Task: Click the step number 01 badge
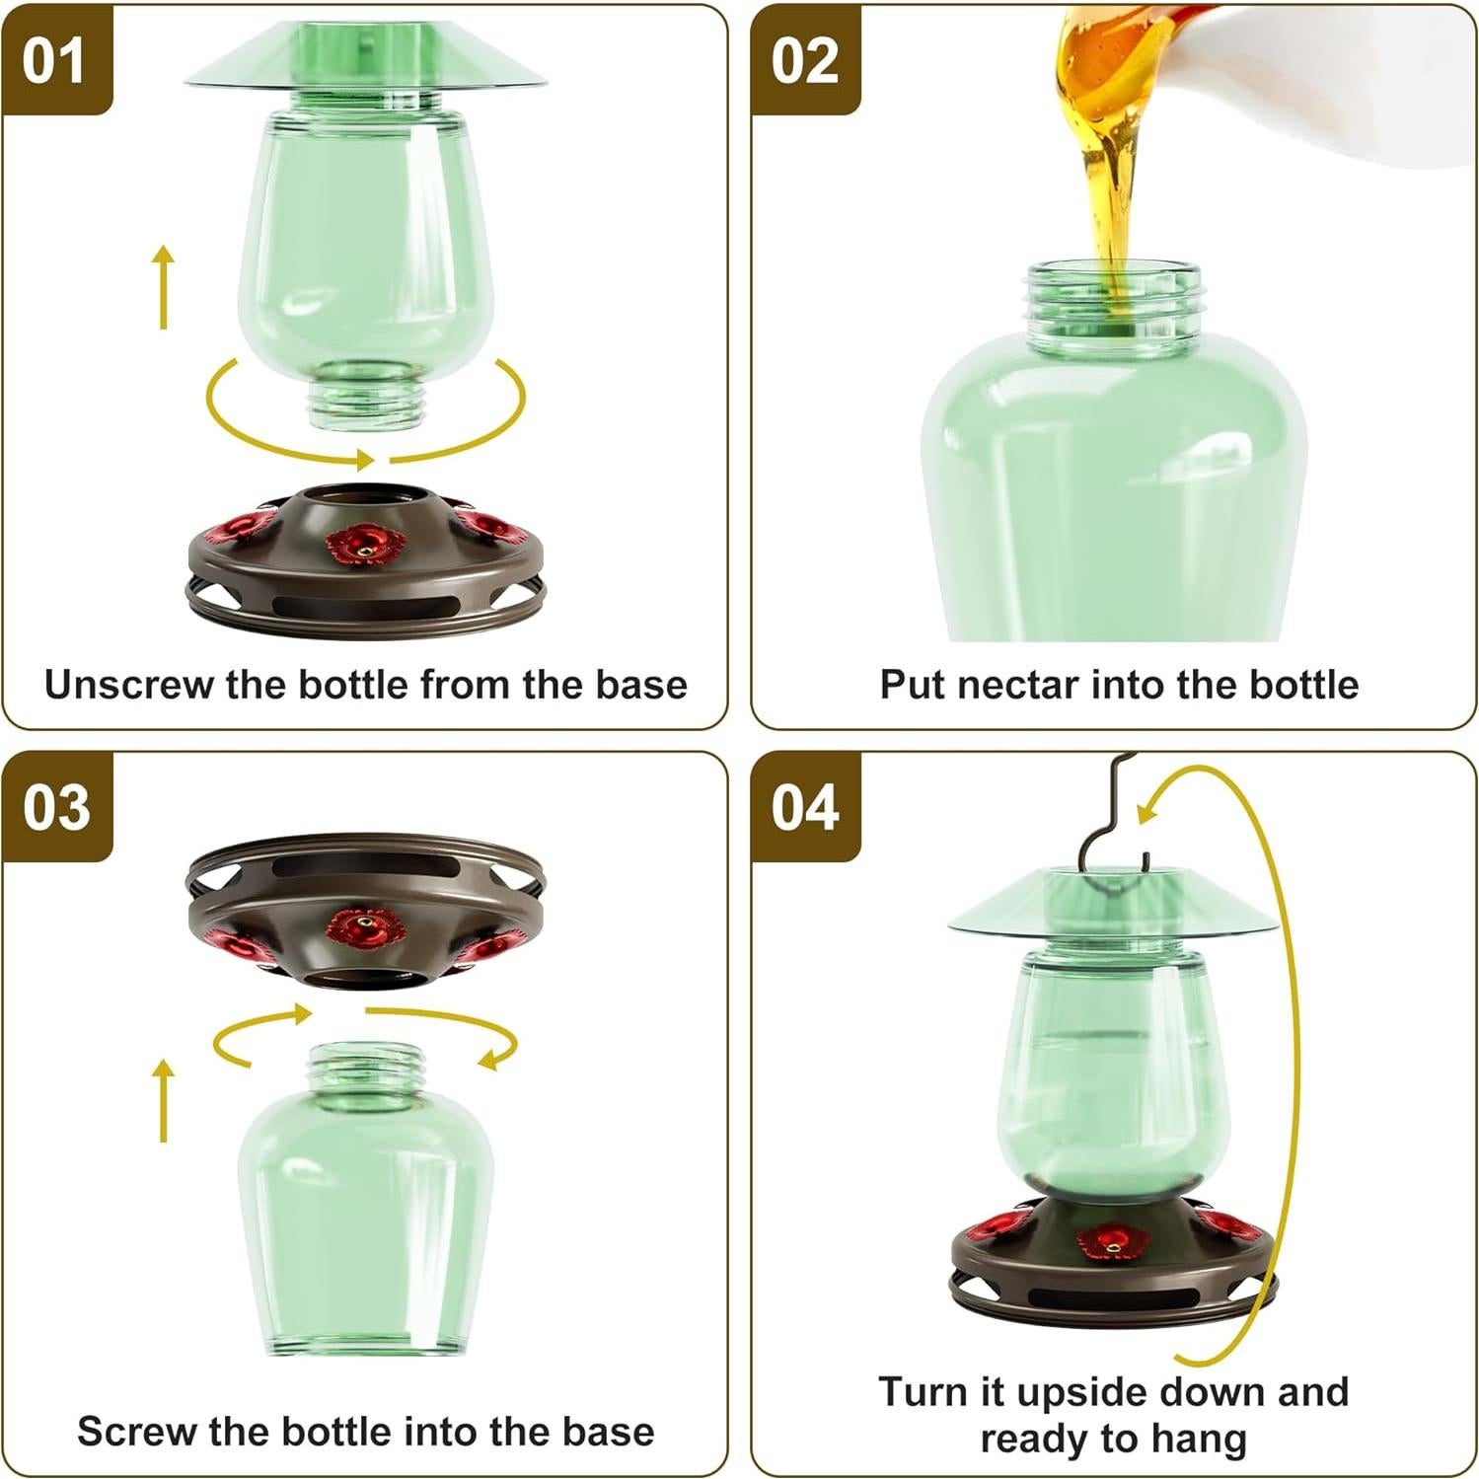(x=54, y=61)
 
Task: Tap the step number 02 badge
(x=804, y=61)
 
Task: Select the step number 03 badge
(x=56, y=808)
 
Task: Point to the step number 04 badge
(x=804, y=808)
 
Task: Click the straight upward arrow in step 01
(x=164, y=286)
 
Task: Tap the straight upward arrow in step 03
(x=164, y=1099)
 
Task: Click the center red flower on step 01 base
(x=366, y=544)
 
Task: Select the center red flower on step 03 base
(x=365, y=928)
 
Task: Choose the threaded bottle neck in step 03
(x=366, y=1066)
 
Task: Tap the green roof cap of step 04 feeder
(x=1114, y=903)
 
